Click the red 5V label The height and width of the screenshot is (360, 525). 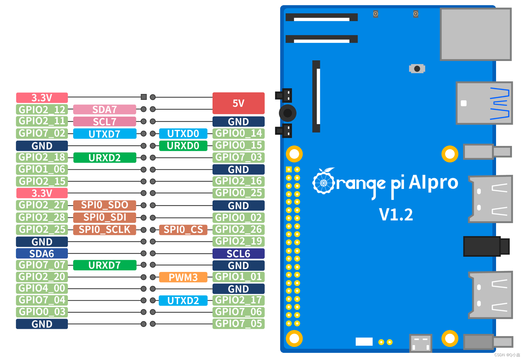(238, 103)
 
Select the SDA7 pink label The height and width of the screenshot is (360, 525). (105, 110)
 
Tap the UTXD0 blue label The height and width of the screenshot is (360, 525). (183, 133)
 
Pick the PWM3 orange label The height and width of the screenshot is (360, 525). (183, 277)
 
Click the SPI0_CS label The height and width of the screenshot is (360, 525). (183, 230)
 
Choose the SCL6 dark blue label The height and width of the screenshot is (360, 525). (238, 254)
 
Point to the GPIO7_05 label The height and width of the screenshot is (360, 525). (238, 324)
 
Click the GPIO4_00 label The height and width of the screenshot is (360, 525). (42, 288)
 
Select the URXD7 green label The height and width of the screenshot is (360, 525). (105, 265)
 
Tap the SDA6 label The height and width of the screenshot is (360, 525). (42, 254)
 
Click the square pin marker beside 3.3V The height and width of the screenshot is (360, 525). (143, 97)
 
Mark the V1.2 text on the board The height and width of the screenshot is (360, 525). (396, 215)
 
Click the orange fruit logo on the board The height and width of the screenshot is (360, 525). (324, 181)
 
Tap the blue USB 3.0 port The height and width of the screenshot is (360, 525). (484, 103)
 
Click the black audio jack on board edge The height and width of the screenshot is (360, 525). (485, 246)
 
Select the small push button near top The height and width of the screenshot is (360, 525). (417, 69)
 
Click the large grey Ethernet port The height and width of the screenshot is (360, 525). (476, 34)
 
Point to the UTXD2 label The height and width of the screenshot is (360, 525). (183, 301)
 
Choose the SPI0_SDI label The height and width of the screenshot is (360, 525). (105, 217)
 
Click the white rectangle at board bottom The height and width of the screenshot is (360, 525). (364, 342)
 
